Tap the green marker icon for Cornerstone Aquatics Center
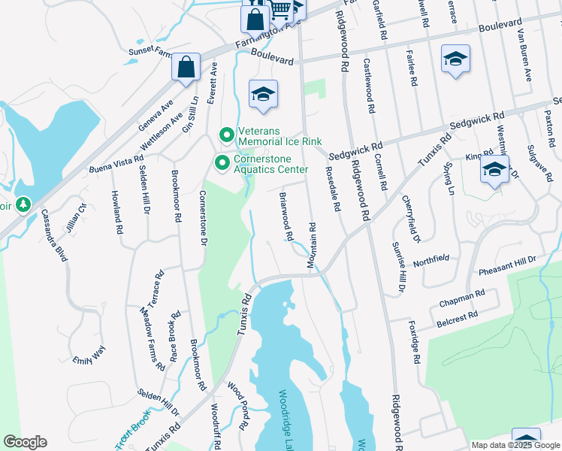click(x=222, y=162)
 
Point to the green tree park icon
click(x=23, y=204)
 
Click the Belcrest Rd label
click(x=457, y=321)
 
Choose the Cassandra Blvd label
click(x=53, y=235)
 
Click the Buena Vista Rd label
click(x=116, y=165)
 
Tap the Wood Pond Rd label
click(x=237, y=407)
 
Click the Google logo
click(x=25, y=442)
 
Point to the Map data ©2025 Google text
click(x=515, y=445)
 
